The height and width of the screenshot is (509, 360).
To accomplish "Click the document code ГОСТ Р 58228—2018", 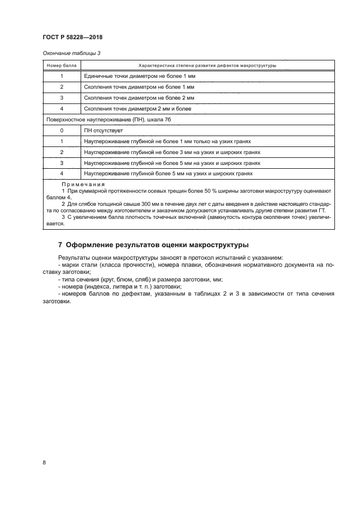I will click(x=72, y=38).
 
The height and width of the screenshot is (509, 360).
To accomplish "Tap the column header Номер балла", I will click(x=62, y=65).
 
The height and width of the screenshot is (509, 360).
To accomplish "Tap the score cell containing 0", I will click(x=62, y=131).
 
